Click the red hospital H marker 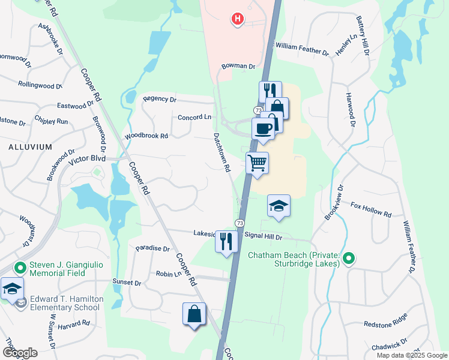click(238, 19)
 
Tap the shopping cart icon click(257, 162)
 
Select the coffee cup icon click(263, 127)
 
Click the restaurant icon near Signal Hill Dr click(226, 241)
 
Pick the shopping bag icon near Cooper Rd click(194, 313)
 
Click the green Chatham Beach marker click(349, 259)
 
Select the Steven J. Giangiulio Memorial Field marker click(20, 268)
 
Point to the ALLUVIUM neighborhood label click(31, 146)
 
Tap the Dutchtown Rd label click(221, 152)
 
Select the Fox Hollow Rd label click(371, 209)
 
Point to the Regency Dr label click(160, 99)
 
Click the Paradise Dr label click(153, 248)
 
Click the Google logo click(20, 353)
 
